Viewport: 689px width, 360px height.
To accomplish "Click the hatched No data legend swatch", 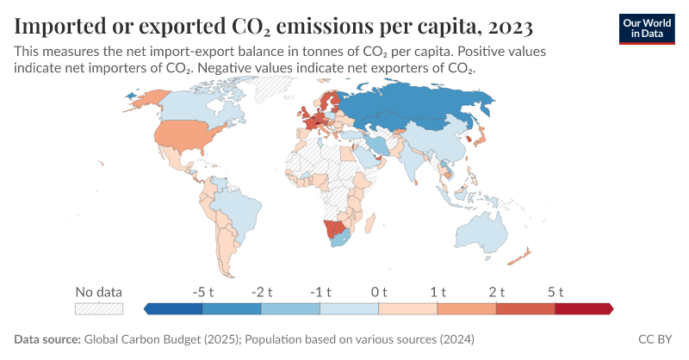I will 99,307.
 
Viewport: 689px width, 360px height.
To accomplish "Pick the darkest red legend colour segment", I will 583,307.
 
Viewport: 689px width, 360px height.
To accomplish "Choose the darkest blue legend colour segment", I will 174,307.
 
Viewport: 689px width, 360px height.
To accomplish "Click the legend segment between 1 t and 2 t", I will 466,307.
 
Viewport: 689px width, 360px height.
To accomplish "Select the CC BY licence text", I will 657,339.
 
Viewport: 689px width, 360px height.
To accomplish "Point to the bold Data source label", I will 47,339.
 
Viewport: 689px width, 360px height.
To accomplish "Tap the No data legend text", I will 99,291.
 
